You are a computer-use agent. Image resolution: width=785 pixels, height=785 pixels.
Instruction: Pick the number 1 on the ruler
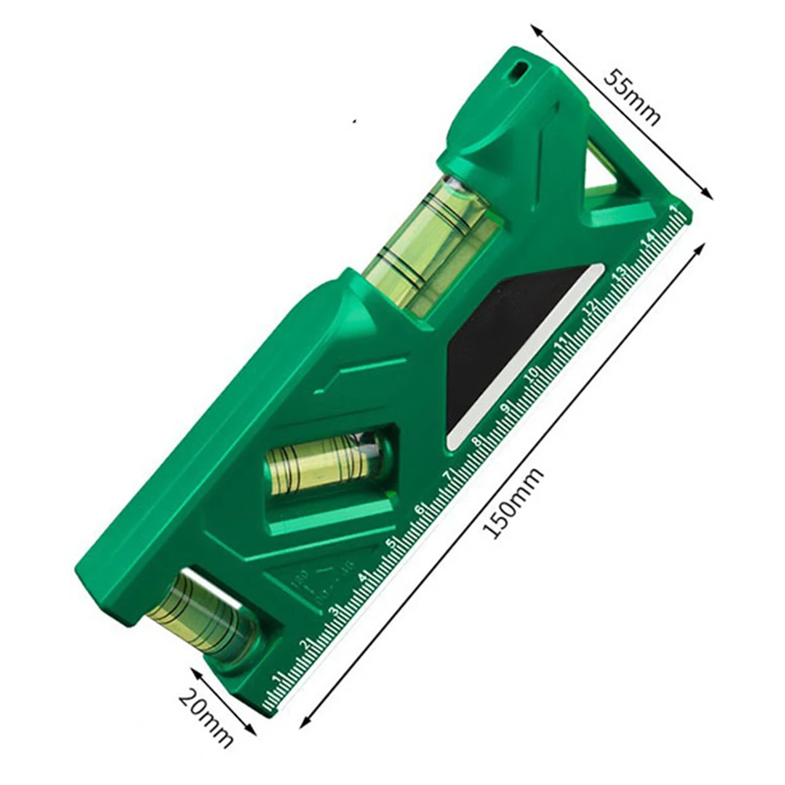coord(277,678)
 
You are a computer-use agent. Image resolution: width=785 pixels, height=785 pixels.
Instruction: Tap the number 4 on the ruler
coord(362,577)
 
